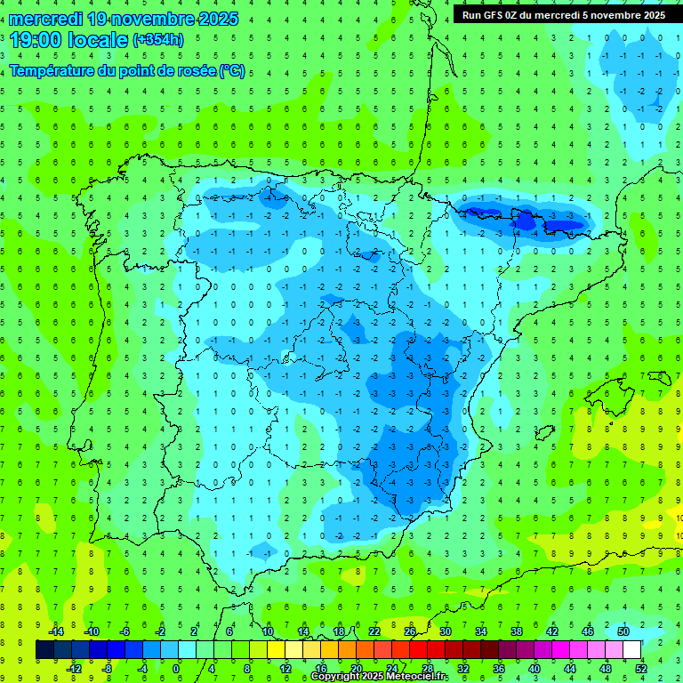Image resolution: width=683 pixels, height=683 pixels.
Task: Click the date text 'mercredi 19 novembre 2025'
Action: [124, 19]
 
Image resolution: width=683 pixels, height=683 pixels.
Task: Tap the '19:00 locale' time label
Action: [68, 40]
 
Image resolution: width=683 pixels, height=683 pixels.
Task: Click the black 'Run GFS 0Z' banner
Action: [563, 15]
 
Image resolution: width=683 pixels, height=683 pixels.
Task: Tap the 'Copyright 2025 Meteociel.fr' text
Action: [379, 677]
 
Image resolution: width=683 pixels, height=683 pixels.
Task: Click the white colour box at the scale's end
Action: [631, 649]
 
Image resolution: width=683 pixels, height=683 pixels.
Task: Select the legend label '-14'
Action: [55, 631]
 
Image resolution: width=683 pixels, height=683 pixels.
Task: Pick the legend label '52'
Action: [641, 668]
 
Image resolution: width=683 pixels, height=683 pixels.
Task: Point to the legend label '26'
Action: [410, 631]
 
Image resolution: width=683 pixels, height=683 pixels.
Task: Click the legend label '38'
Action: [517, 631]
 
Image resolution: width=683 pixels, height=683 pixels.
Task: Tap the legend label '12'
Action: [285, 668]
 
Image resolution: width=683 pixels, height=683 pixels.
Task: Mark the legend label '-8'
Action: [108, 668]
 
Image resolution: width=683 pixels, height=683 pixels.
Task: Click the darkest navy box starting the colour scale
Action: [44, 649]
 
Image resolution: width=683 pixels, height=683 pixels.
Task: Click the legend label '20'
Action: [357, 668]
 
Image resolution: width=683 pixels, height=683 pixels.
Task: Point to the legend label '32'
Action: [463, 668]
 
